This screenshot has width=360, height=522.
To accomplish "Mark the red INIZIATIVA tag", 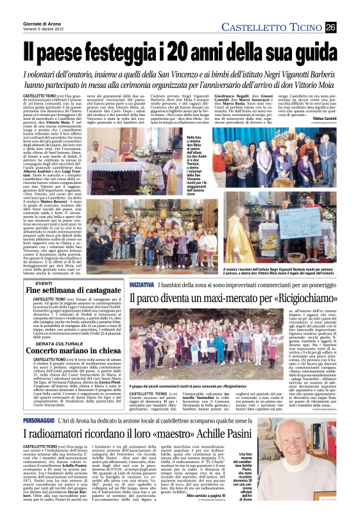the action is click(x=142, y=283).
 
